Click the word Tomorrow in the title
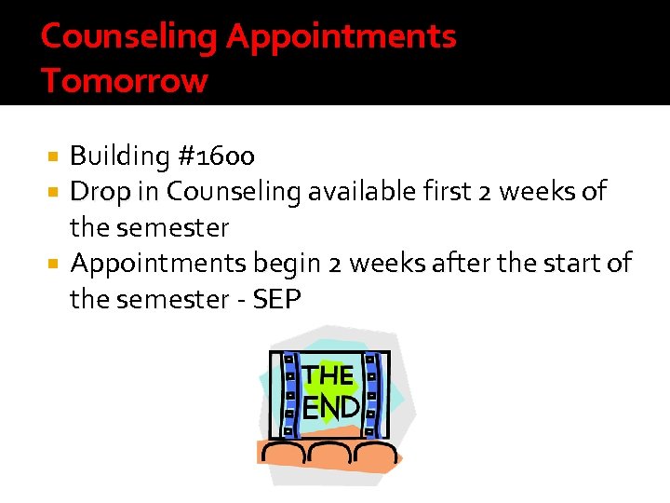click(x=124, y=81)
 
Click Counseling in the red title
click(x=128, y=36)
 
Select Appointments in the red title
click(x=342, y=36)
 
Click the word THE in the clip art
click(x=328, y=376)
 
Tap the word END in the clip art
click(x=331, y=406)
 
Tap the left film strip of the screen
click(x=288, y=395)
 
